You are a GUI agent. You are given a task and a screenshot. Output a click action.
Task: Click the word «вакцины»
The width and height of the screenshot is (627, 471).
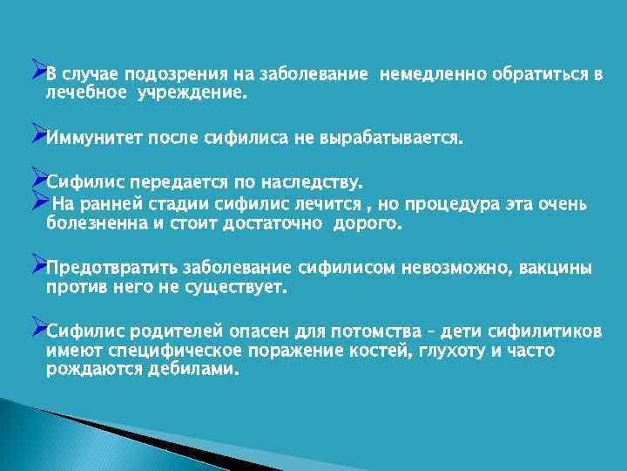[x=556, y=268]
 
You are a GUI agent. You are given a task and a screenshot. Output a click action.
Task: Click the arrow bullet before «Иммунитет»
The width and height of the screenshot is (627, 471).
[x=37, y=134]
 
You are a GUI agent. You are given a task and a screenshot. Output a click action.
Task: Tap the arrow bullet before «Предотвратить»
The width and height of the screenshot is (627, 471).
[x=37, y=263]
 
